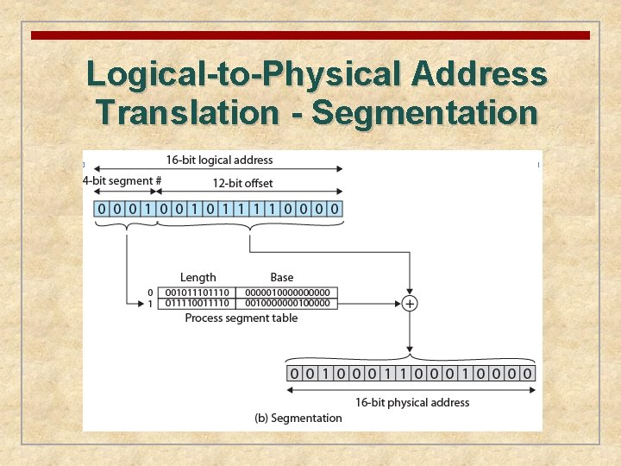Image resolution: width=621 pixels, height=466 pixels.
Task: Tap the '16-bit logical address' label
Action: tap(219, 160)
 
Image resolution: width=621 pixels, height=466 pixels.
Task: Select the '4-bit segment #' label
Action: tap(122, 181)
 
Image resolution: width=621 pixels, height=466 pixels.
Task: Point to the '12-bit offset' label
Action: tap(242, 183)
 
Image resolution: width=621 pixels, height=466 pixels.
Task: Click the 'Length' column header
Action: tap(198, 277)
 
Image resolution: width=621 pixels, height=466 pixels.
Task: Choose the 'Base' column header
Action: tap(281, 277)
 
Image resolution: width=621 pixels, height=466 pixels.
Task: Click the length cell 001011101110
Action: tap(198, 293)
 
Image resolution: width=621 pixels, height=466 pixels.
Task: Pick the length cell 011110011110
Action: tap(198, 303)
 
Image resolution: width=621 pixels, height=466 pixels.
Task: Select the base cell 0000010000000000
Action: tap(287, 293)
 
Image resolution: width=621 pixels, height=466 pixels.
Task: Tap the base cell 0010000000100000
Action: tap(287, 303)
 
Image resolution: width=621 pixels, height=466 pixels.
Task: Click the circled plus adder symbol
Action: tap(410, 303)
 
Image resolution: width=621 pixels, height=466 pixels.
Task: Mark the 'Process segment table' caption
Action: tap(241, 318)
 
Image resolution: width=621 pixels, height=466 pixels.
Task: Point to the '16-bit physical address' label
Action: tap(412, 402)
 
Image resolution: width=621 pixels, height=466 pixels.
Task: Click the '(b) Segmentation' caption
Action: tap(298, 419)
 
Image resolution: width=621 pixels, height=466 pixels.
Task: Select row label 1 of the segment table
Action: tap(150, 304)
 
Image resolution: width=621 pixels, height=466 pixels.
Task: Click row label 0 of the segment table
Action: tap(150, 293)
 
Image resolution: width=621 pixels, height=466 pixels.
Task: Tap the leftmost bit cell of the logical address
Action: tap(102, 209)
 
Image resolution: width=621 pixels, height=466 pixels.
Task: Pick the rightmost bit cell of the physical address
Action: tap(527, 374)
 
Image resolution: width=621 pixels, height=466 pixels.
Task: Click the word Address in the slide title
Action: tap(480, 74)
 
